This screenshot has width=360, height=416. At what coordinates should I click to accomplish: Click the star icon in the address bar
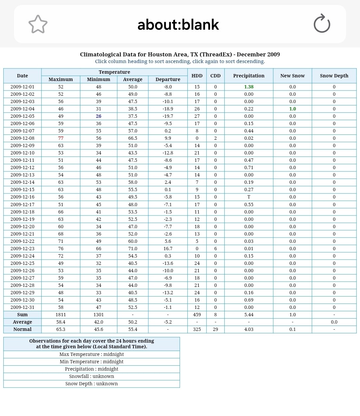[x=38, y=24]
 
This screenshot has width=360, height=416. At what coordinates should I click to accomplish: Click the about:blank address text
[x=178, y=25]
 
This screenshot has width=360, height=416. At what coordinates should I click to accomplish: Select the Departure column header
[x=168, y=79]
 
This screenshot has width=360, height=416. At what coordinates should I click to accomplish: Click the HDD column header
[x=197, y=76]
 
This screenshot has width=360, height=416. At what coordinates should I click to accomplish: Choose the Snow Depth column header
[x=334, y=76]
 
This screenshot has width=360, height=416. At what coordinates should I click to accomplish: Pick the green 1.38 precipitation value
[x=249, y=87]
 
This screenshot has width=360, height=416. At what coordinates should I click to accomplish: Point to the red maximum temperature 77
[x=61, y=138]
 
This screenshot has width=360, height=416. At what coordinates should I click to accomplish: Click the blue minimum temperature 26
[x=99, y=116]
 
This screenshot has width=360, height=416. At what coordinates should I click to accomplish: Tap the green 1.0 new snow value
[x=292, y=109]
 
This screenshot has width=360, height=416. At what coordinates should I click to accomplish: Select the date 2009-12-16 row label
[x=22, y=197]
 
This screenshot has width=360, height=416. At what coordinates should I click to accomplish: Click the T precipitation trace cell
[x=249, y=197]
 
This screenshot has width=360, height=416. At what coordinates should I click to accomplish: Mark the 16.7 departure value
[x=168, y=249]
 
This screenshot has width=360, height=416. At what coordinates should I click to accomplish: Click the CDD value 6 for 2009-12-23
[x=215, y=249]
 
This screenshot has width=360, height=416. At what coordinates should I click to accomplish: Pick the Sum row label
[x=22, y=315]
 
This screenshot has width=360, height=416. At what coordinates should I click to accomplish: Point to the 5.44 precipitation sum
[x=249, y=315]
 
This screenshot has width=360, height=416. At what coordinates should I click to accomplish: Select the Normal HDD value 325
[x=197, y=329]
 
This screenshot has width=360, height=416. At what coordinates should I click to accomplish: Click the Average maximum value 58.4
[x=61, y=322]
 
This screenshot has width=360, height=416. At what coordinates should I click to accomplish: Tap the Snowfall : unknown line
[x=92, y=376]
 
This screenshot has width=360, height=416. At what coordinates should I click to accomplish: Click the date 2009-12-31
[x=22, y=307]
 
